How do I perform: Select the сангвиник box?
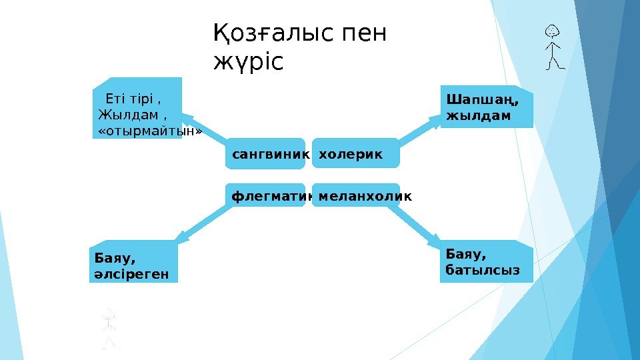click(267, 154)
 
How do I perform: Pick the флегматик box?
click(267, 197)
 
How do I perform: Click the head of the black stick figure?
click(552, 31)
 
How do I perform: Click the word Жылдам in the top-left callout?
click(120, 115)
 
